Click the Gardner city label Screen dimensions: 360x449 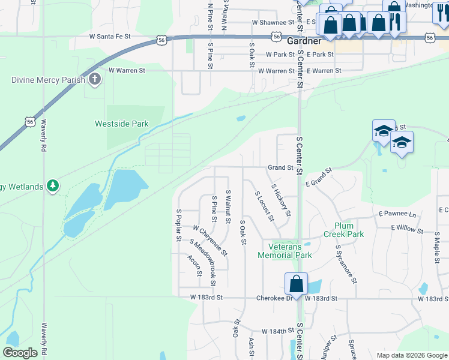(306, 42)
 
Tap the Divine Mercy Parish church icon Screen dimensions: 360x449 (95, 79)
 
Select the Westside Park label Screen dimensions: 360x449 (121, 124)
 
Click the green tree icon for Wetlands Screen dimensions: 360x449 (53, 186)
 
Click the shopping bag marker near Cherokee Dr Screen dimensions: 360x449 (296, 284)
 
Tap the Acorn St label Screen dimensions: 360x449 (194, 266)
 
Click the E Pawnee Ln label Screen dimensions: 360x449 (397, 214)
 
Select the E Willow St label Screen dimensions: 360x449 (407, 230)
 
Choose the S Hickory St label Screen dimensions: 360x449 (282, 200)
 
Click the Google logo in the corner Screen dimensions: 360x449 (20, 353)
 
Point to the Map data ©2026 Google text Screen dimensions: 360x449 (411, 355)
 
